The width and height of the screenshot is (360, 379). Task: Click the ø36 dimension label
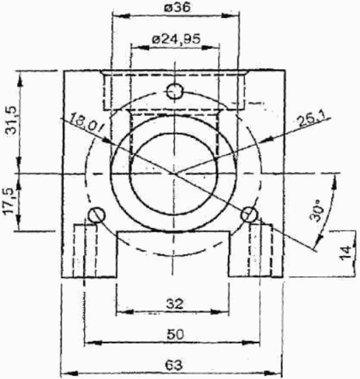177,7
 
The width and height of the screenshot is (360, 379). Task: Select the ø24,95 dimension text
177,39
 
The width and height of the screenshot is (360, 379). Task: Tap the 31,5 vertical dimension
12,120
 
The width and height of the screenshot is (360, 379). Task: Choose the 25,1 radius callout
310,120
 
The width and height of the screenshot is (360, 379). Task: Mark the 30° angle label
316,210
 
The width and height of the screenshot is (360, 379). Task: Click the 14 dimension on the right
345,252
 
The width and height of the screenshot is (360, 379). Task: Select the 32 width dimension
174,304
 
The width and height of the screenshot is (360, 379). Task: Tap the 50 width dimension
175,334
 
